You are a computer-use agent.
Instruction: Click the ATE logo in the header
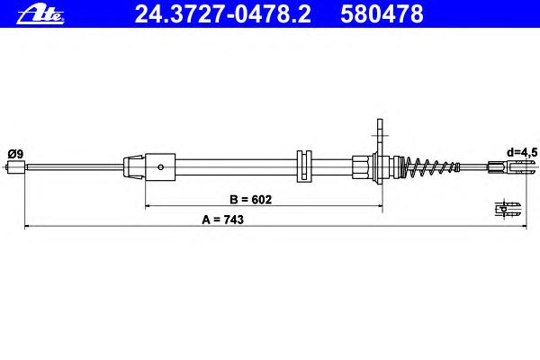coord(40,14)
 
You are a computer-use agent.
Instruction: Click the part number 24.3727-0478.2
coord(223,14)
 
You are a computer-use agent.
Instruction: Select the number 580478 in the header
coord(382,14)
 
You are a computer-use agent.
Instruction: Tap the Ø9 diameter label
coord(15,154)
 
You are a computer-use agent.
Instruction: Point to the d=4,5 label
coord(521,152)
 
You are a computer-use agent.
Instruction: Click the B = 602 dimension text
coord(251,200)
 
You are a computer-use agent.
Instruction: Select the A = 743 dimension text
coord(223,220)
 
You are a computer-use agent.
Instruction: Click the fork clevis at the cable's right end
coord(512,167)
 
